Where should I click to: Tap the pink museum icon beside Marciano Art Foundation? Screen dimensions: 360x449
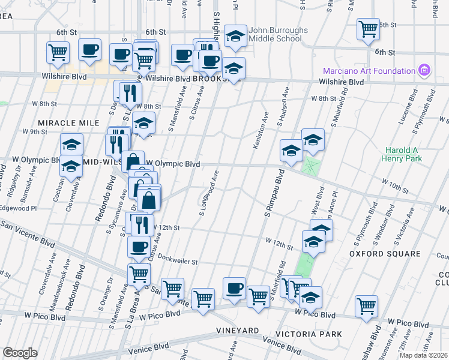(x=424, y=70)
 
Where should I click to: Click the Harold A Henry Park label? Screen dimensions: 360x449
(x=402, y=154)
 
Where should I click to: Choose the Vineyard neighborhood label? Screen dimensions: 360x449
(x=238, y=331)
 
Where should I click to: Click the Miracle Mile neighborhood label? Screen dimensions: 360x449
(x=68, y=122)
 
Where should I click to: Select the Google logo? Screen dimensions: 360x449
(x=20, y=352)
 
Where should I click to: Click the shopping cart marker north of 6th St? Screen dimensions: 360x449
(x=368, y=28)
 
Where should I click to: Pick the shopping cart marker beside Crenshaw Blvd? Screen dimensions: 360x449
(x=366, y=305)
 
